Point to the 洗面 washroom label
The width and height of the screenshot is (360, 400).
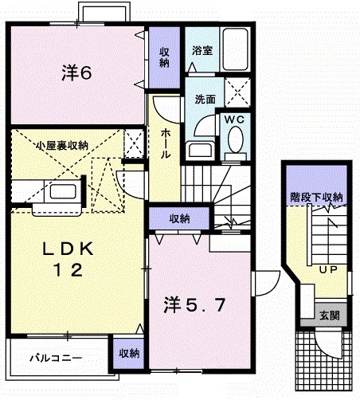tap(205, 100)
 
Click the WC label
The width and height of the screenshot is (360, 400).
tap(233, 119)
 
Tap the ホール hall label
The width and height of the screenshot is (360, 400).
tap(165, 143)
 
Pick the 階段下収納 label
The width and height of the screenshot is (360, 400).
tap(316, 197)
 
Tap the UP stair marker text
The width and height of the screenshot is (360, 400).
tap(325, 269)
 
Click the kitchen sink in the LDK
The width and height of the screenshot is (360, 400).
tap(63, 191)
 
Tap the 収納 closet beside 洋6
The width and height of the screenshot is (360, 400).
tap(164, 57)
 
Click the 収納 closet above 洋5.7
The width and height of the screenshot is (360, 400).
tap(179, 218)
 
